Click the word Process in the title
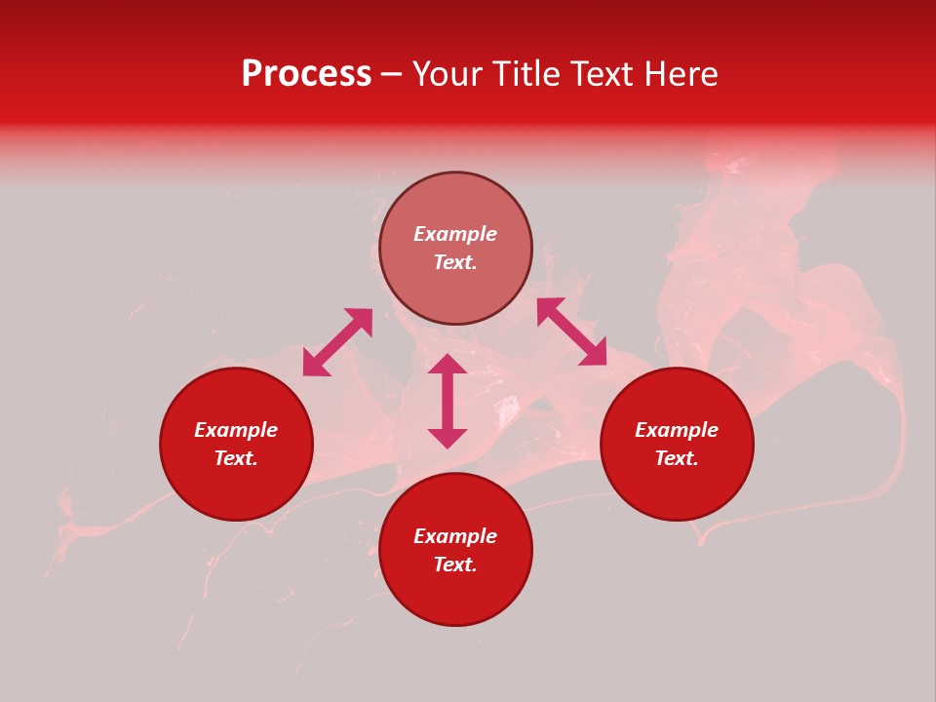[x=306, y=74]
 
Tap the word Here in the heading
[x=677, y=74]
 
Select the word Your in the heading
[x=447, y=74]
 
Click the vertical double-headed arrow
[x=448, y=401]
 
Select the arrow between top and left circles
[x=337, y=342]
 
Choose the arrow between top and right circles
[x=571, y=331]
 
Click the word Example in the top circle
[x=455, y=234]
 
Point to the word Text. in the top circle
[x=455, y=262]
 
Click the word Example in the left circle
[x=236, y=430]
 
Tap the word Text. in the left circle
[x=236, y=458]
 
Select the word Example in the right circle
[x=677, y=430]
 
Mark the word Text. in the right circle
[x=677, y=458]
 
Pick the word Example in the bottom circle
[x=455, y=536]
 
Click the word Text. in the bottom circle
[x=455, y=565]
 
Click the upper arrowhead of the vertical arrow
[x=448, y=365]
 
